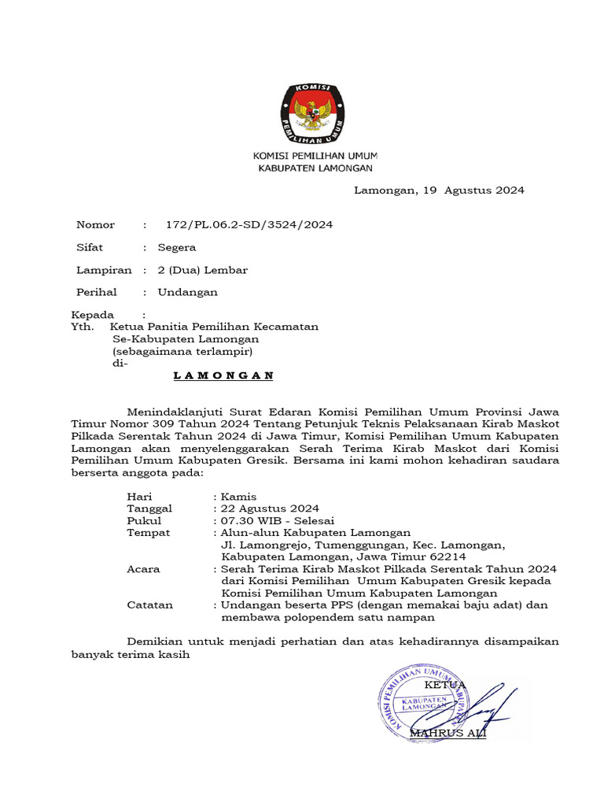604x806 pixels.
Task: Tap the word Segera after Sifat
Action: pyautogui.click(x=177, y=247)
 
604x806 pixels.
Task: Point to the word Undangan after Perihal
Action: pyautogui.click(x=188, y=292)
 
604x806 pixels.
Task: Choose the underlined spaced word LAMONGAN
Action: pyautogui.click(x=223, y=375)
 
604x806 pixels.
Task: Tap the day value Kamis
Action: pyautogui.click(x=238, y=497)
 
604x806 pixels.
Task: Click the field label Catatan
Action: pyautogui.click(x=150, y=605)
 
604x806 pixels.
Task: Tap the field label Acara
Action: pyautogui.click(x=143, y=569)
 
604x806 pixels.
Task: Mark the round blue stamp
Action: pyautogui.click(x=423, y=702)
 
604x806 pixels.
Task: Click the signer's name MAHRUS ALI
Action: pyautogui.click(x=455, y=734)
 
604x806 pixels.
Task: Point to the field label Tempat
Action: pyautogui.click(x=149, y=532)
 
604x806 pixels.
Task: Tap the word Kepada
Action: pyautogui.click(x=93, y=315)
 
